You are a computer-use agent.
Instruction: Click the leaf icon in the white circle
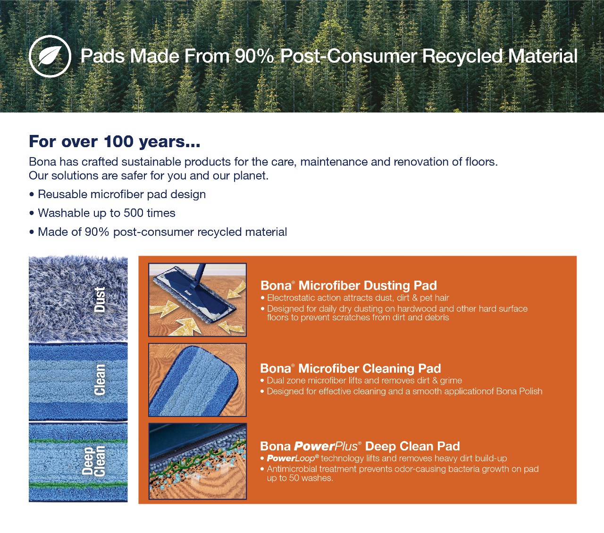(50, 56)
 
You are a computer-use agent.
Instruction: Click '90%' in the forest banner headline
(254, 56)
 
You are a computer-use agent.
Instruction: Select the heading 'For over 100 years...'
(115, 142)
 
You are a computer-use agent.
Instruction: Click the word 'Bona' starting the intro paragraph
(42, 162)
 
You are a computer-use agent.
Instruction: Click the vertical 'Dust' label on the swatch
(100, 300)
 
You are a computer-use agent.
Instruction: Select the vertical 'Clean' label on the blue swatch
(100, 380)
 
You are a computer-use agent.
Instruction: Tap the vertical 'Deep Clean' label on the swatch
(93, 461)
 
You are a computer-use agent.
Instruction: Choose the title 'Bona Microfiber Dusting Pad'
(349, 285)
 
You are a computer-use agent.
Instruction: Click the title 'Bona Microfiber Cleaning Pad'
(350, 368)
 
